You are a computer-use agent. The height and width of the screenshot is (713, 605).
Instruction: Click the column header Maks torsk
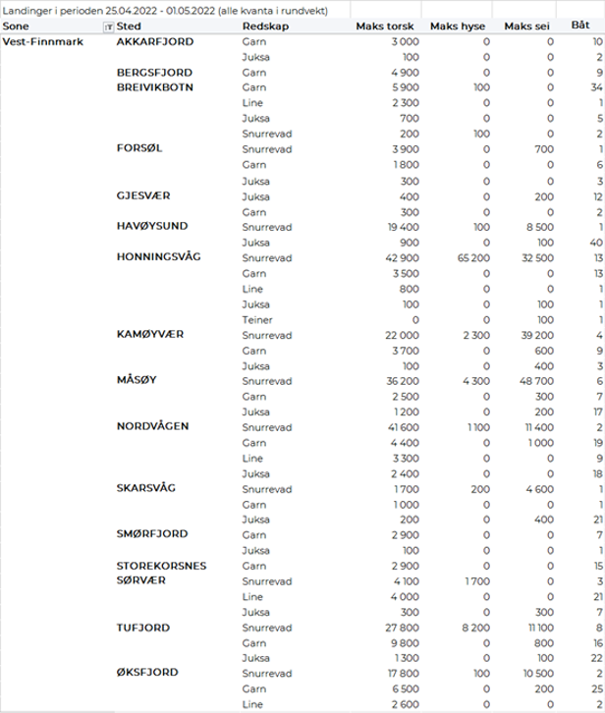(386, 27)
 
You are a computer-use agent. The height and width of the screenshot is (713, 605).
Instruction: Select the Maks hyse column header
(461, 27)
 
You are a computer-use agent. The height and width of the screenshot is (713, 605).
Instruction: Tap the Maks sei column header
(528, 27)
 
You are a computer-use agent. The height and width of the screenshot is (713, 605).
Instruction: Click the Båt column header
(580, 27)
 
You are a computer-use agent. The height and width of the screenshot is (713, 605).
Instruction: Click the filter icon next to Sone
(108, 27)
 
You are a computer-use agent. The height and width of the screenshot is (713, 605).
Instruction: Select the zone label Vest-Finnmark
(42, 42)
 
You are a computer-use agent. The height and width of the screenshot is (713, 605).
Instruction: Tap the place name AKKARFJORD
(155, 42)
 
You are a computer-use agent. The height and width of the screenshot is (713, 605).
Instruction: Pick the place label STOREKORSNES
(162, 566)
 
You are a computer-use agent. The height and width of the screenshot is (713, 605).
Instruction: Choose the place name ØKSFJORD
(150, 673)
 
